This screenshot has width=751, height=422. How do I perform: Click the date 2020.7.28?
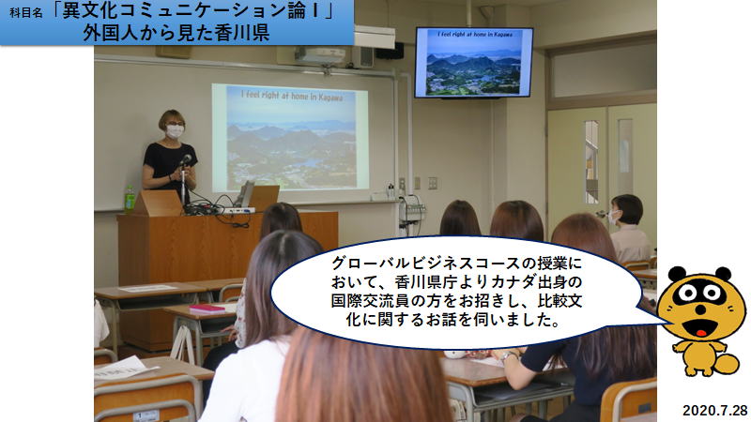(x=714, y=411)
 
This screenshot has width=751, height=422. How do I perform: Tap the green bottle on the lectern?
(x=130, y=199)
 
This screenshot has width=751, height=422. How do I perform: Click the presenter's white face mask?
(x=175, y=131)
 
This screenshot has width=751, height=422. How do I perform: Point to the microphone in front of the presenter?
(x=185, y=159)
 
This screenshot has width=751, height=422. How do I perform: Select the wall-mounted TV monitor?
(x=474, y=62)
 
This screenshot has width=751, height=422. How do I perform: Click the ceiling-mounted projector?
(x=319, y=55)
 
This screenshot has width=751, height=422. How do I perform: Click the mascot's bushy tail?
(x=726, y=364)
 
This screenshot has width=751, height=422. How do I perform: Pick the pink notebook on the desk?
(x=207, y=309)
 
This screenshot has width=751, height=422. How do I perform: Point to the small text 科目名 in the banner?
(x=26, y=13)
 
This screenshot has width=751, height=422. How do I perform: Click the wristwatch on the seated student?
(x=508, y=354)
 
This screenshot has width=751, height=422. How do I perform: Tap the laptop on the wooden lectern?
(x=245, y=194)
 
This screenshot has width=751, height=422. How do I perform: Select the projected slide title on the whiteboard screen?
(x=292, y=96)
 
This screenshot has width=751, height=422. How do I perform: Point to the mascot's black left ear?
(x=677, y=274)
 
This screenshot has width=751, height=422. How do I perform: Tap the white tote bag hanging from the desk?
(x=183, y=343)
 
